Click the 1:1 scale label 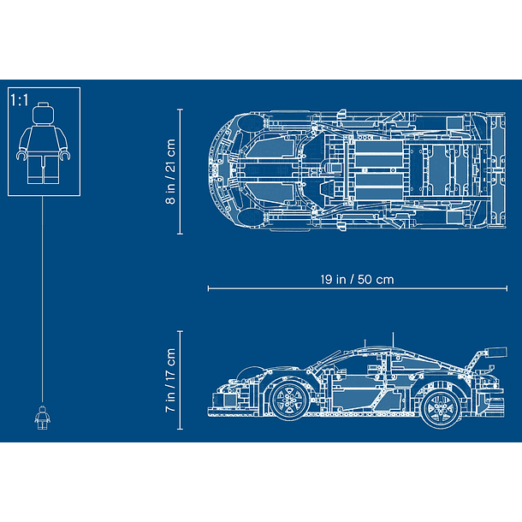pyautogui.click(x=20, y=100)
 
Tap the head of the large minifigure pyautogui.click(x=44, y=113)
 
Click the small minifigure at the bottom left pyautogui.click(x=42, y=418)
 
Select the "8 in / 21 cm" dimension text pyautogui.click(x=170, y=171)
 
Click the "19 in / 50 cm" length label pyautogui.click(x=357, y=279)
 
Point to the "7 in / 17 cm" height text pyautogui.click(x=170, y=380)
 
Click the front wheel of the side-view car pyautogui.click(x=289, y=400)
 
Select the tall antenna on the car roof pyautogui.click(x=393, y=339)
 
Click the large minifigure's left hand pyautogui.click(x=65, y=155)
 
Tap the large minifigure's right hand pyautogui.click(x=21, y=155)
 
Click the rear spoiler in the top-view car pyautogui.click(x=498, y=171)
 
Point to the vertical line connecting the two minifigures pyautogui.click(x=42, y=299)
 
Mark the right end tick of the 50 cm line pyautogui.click(x=507, y=288)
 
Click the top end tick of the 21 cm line pyautogui.click(x=180, y=109)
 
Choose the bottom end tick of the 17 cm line pyautogui.click(x=180, y=429)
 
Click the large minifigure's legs pyautogui.click(x=44, y=169)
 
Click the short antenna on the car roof pyautogui.click(x=365, y=343)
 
